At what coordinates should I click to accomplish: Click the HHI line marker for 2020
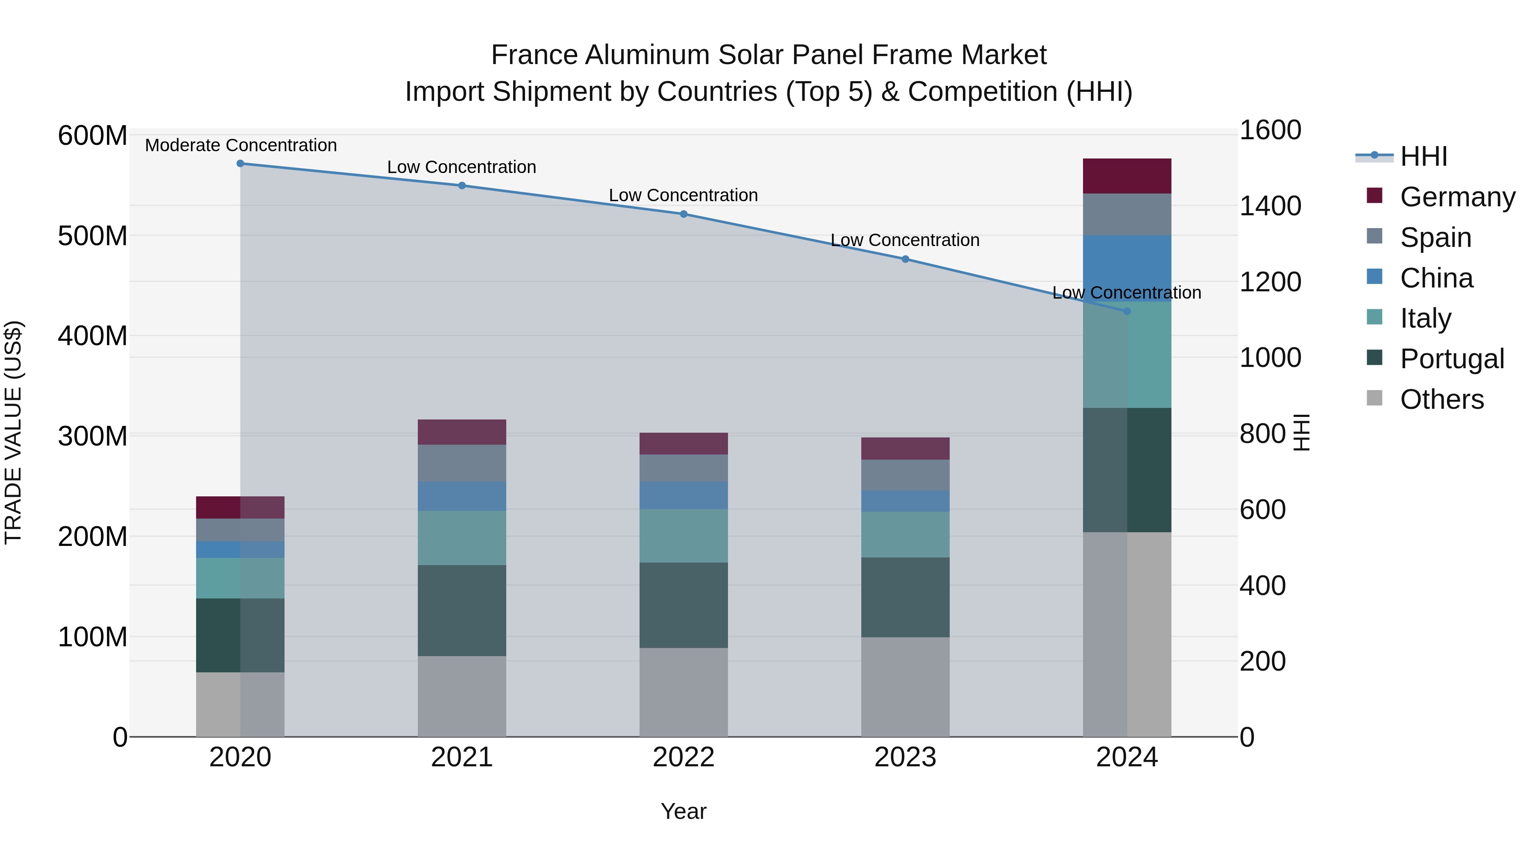coord(240,164)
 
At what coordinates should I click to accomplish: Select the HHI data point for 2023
coord(905,259)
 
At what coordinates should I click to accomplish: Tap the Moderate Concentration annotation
coord(241,146)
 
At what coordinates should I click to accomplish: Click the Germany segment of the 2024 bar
coord(1127,176)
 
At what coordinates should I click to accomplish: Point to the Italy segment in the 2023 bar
coord(905,534)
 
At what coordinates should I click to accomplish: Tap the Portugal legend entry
coord(1451,359)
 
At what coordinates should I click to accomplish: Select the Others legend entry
coord(1441,399)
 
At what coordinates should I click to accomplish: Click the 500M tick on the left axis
coord(93,236)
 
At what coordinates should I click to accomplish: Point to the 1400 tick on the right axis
coord(1270,206)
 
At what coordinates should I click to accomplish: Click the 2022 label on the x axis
coord(684,757)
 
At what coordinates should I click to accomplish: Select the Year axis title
coord(684,811)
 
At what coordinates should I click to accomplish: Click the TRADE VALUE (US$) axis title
coord(13,432)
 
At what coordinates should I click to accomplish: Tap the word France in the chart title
coord(534,55)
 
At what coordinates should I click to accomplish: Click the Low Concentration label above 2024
coord(1127,293)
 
